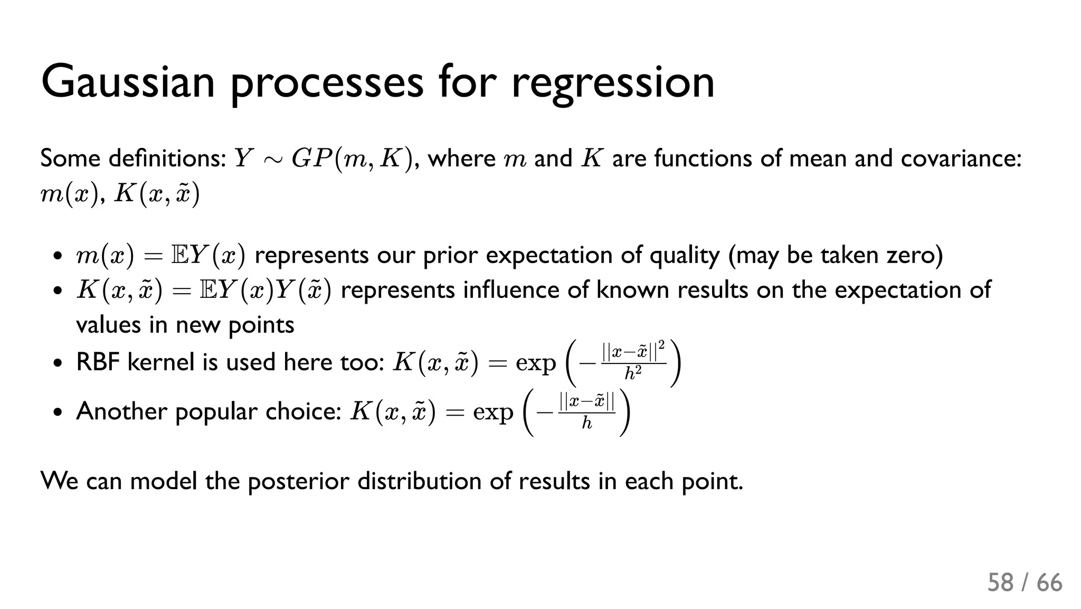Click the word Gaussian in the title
coord(128,82)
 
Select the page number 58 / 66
coord(1025,583)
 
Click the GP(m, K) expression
coord(351,158)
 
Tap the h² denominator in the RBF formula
coord(633,374)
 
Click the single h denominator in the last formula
coord(586,423)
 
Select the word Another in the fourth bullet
coord(121,411)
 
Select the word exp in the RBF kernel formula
coord(535,363)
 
